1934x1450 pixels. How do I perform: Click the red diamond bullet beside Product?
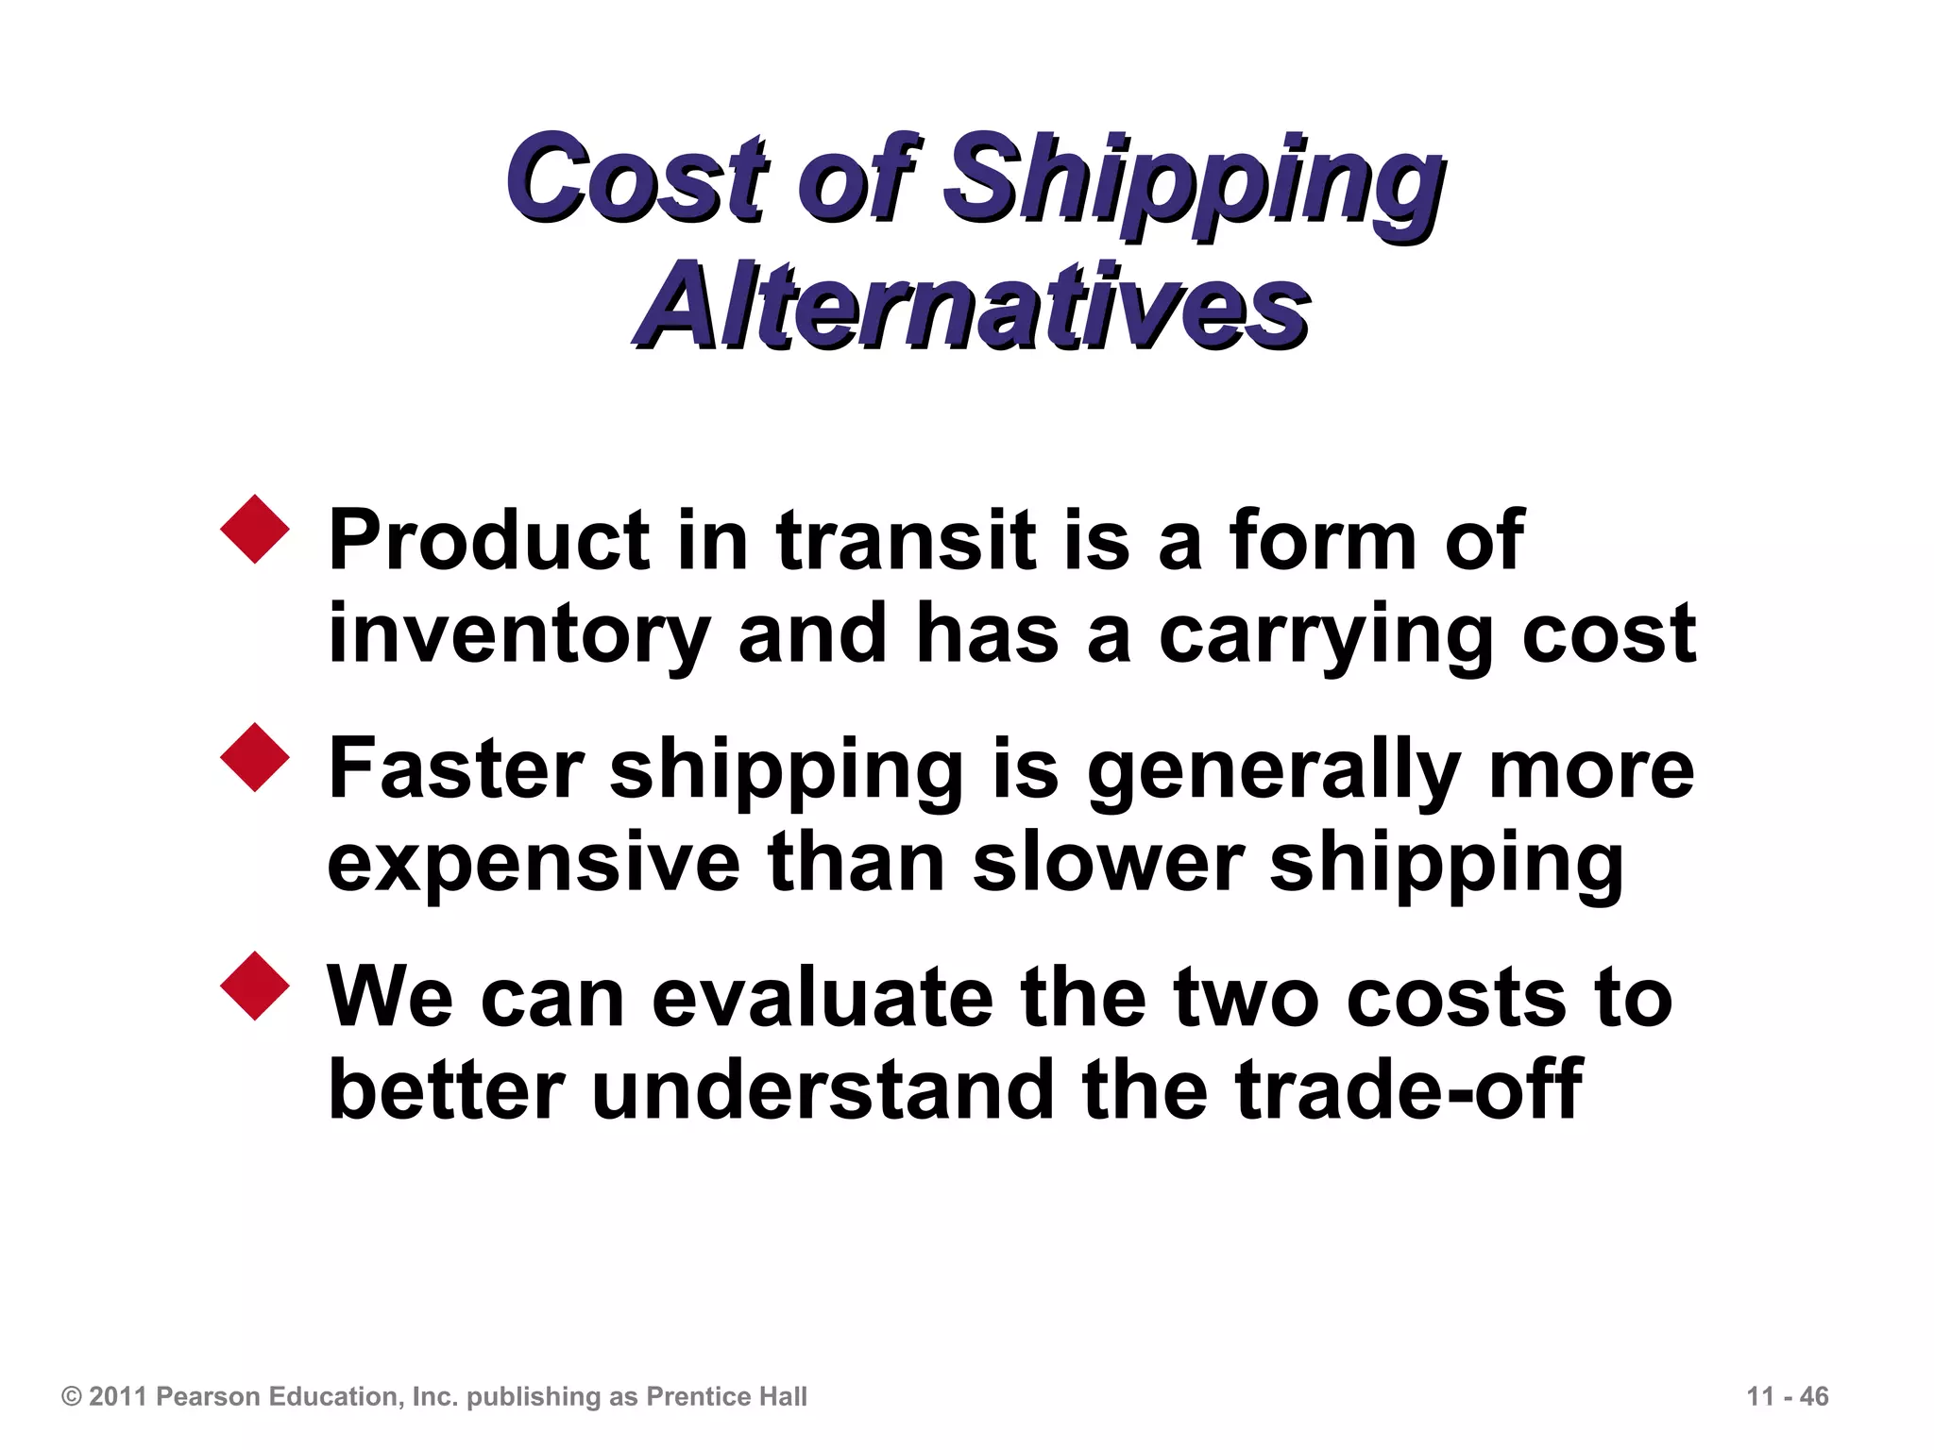pos(255,529)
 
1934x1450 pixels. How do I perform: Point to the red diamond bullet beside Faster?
pos(255,757)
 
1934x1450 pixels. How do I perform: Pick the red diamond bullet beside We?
pos(255,986)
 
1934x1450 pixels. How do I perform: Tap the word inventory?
pos(518,636)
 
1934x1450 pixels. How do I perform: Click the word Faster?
pos(456,768)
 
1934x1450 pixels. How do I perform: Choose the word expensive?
pos(534,863)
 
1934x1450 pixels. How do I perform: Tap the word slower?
pos(1108,861)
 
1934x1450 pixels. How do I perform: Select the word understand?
pos(822,1090)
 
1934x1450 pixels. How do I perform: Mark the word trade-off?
pos(1408,1090)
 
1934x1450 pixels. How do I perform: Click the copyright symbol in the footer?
pos(72,1396)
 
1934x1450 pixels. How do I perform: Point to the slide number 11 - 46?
pos(1788,1396)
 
